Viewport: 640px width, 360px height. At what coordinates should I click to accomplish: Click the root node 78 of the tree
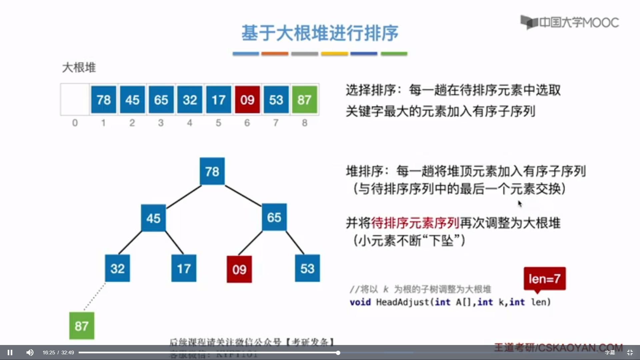(x=212, y=171)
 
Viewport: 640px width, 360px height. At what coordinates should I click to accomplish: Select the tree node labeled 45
(x=153, y=218)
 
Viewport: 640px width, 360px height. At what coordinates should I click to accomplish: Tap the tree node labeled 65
(x=274, y=217)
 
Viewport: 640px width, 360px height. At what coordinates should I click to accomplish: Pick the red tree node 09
(x=239, y=269)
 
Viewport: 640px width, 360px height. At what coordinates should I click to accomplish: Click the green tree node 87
(x=82, y=326)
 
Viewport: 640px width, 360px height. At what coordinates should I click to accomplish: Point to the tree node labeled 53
(x=307, y=268)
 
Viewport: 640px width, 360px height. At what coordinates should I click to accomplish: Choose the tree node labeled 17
(x=184, y=268)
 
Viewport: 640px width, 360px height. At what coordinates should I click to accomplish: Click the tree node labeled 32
(x=117, y=268)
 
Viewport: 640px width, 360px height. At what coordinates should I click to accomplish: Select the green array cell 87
(x=304, y=100)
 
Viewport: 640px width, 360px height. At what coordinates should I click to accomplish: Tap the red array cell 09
(x=247, y=100)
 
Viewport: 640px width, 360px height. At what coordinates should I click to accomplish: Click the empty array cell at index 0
(x=75, y=100)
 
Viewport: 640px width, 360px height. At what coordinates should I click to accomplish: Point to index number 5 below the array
(x=218, y=123)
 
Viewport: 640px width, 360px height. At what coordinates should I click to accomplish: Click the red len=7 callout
(x=544, y=278)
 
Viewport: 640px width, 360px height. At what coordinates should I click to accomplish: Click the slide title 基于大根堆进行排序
(x=320, y=33)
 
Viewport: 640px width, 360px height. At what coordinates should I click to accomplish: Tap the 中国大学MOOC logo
(x=570, y=22)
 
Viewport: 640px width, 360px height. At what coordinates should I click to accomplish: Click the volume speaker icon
(x=30, y=352)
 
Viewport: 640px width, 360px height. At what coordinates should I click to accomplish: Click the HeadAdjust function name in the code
(x=403, y=302)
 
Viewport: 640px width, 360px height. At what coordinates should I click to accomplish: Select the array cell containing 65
(x=161, y=100)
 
